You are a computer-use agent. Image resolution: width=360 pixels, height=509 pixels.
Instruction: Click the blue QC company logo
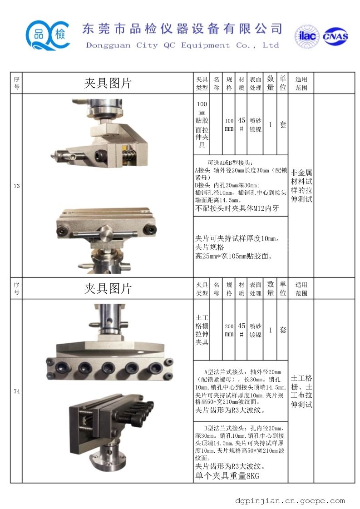48,35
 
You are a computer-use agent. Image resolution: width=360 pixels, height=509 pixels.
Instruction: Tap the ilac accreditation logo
307,36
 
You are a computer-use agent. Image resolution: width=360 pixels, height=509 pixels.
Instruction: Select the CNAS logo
335,36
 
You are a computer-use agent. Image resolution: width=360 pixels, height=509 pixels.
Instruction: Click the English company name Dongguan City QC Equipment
158,45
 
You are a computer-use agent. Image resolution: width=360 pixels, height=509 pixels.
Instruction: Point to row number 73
16,186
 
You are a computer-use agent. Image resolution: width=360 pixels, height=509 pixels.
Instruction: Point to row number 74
16,391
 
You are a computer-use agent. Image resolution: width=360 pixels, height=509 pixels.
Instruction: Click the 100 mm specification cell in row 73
229,125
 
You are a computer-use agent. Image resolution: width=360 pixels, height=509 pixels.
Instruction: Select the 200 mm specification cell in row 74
229,330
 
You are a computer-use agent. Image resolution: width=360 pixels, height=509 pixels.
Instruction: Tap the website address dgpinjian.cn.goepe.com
290,501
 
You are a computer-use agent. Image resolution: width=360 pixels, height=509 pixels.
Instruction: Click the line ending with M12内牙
237,208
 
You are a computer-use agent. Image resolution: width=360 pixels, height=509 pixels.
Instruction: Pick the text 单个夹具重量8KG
227,476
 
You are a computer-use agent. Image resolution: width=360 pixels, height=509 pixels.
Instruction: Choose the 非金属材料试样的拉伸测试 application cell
301,186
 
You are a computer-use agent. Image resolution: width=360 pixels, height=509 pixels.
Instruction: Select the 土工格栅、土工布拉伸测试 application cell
301,391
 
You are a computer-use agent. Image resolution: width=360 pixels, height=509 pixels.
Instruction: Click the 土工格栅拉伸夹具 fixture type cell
202,330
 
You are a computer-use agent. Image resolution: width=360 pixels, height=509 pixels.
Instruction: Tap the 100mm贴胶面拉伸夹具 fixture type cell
202,124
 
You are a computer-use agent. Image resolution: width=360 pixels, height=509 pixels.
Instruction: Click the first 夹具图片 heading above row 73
108,83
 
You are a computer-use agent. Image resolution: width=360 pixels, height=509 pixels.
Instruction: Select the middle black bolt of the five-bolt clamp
108,368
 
